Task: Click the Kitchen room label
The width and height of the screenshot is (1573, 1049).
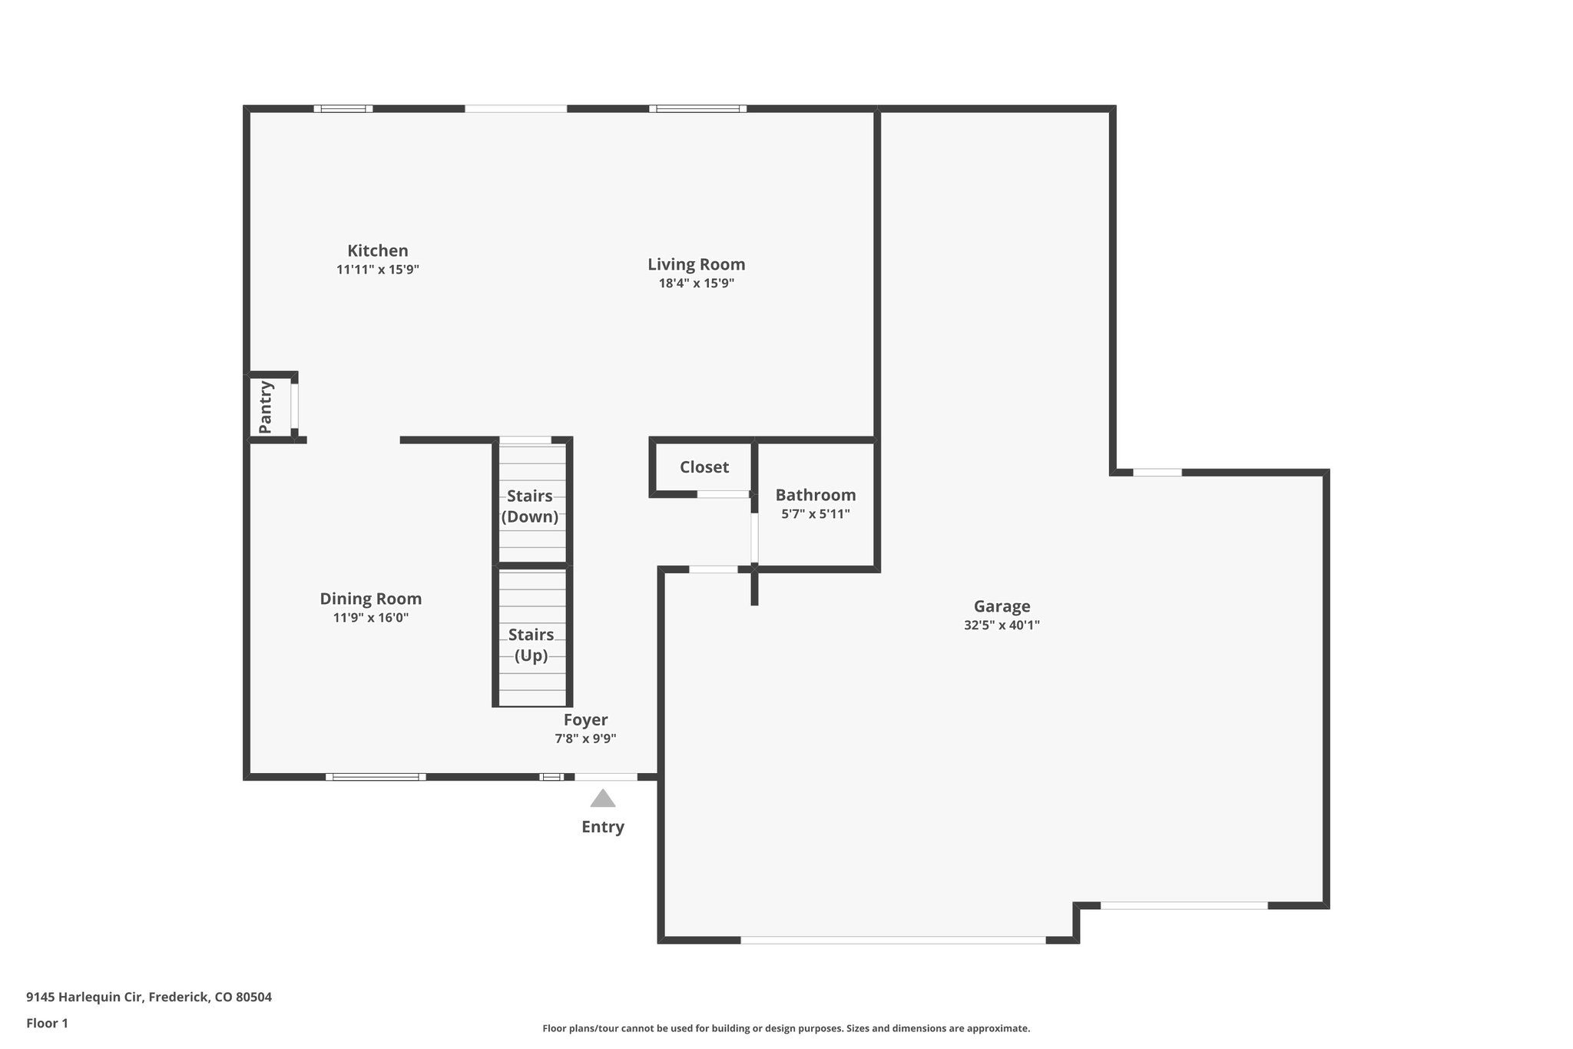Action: (x=377, y=251)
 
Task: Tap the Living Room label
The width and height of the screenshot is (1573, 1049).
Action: (x=696, y=264)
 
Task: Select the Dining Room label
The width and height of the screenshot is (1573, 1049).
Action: (x=370, y=599)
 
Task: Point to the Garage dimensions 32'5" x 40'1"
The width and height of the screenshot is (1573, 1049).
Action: (x=1002, y=626)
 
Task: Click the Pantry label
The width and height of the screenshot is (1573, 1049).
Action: (x=266, y=407)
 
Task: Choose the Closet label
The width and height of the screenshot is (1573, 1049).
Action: (x=704, y=467)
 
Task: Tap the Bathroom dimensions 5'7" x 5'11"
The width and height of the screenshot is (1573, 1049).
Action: (x=816, y=514)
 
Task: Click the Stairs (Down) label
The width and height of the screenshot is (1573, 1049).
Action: (x=530, y=506)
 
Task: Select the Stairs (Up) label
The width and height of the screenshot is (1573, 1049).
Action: (x=531, y=645)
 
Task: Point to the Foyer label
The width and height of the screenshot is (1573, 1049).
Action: (x=585, y=720)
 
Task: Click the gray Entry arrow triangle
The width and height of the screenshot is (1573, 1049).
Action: (x=603, y=799)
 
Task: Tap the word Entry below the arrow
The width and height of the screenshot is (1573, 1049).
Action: (x=603, y=827)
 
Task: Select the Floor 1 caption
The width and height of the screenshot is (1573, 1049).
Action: (x=47, y=1024)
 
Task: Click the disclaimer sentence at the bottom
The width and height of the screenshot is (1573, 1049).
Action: (x=786, y=1028)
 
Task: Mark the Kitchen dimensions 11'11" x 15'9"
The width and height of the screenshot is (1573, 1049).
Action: (x=377, y=270)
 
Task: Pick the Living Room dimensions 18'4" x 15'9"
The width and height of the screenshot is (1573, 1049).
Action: (x=696, y=284)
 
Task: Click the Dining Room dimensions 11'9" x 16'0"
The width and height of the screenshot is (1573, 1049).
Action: (x=370, y=618)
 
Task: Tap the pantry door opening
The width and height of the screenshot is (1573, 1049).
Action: (x=294, y=406)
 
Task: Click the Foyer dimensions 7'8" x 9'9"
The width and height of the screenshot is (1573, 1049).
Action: (x=585, y=739)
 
